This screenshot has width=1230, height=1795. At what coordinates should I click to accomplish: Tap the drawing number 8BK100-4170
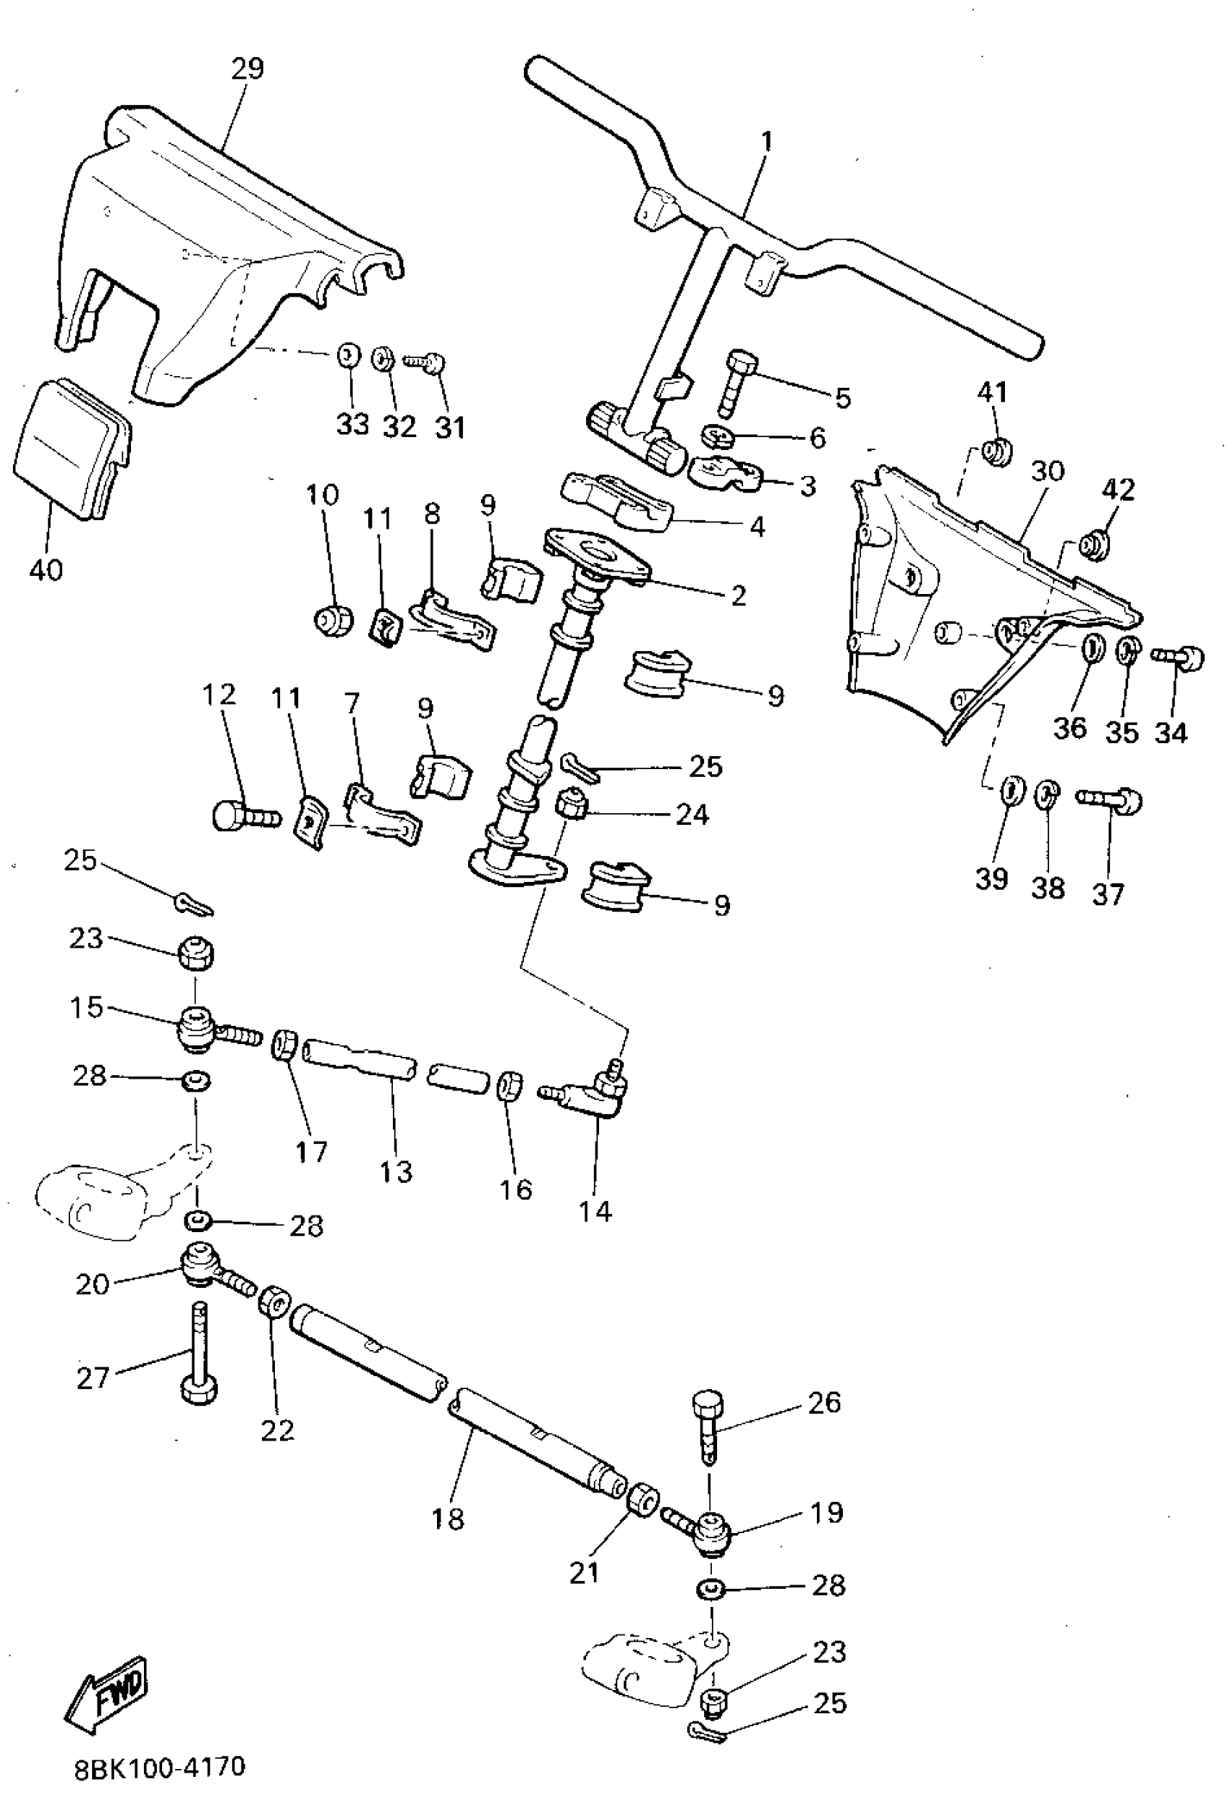[x=160, y=1768]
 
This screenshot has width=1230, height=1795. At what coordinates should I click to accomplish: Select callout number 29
[x=247, y=69]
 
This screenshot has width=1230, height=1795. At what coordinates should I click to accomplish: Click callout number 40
[x=46, y=570]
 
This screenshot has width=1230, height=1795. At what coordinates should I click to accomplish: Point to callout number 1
[x=765, y=141]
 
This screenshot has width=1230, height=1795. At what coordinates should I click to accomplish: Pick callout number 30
[x=1048, y=470]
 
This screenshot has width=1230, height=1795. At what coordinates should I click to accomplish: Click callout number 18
[x=447, y=1519]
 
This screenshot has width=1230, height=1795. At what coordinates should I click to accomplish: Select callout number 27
[x=93, y=1378]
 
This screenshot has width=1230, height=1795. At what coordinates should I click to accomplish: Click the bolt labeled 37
[x=1109, y=800]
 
